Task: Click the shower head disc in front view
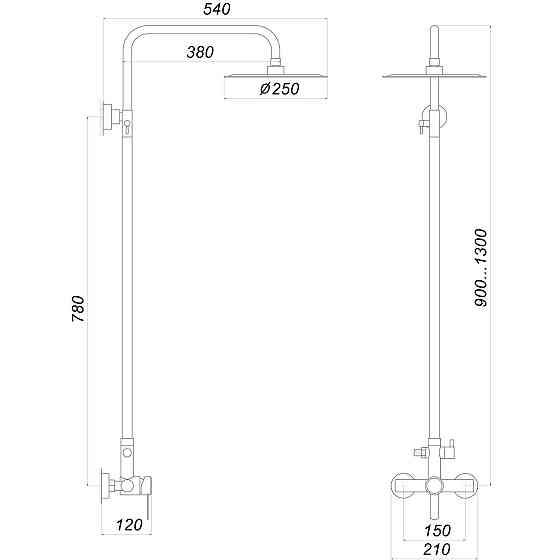tap(432, 76)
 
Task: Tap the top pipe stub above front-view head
tap(432, 45)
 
